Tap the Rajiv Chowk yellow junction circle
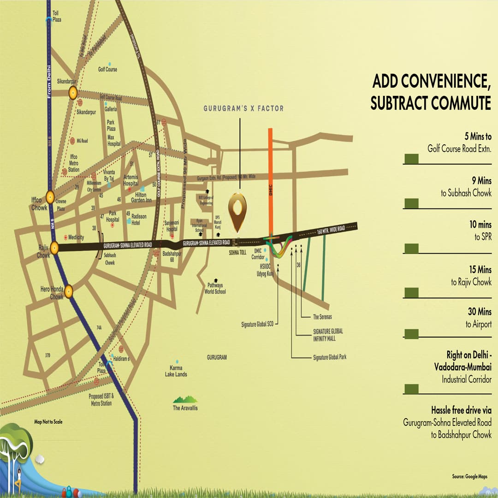54,248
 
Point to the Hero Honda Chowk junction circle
69,291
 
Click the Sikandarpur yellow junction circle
72,93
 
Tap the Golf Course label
107,70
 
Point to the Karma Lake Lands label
176,371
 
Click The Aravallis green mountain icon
185,399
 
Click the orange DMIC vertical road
271,184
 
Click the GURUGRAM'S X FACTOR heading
244,108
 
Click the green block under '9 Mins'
411,203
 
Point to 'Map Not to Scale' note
48,421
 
